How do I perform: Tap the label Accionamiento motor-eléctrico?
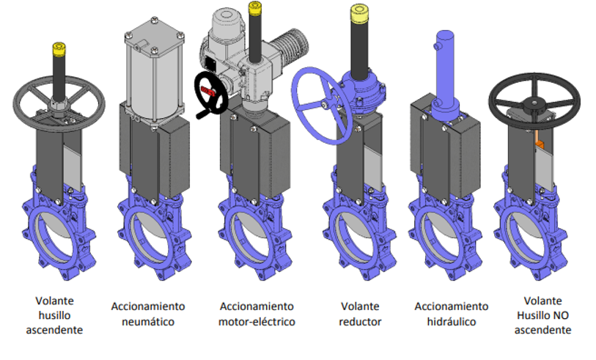click(257, 314)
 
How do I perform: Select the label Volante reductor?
click(361, 314)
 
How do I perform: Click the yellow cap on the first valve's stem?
click(59, 50)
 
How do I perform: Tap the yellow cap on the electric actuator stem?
click(255, 8)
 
